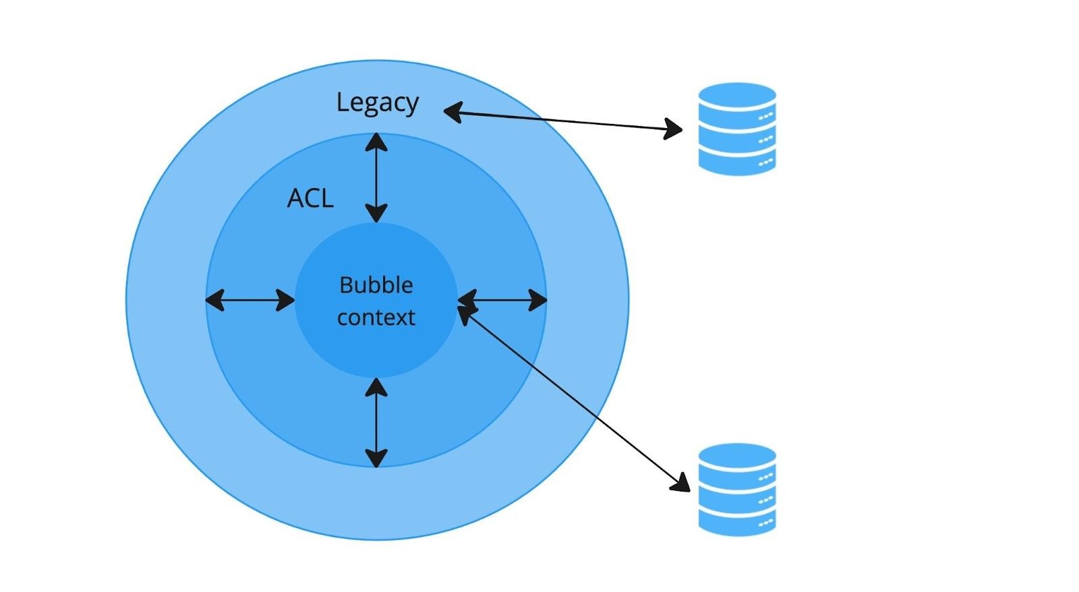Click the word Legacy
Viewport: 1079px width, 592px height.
(377, 102)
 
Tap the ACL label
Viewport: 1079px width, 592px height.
(310, 198)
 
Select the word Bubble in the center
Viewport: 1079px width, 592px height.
(376, 285)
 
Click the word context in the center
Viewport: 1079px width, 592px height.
(376, 317)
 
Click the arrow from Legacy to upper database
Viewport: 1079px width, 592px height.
(563, 120)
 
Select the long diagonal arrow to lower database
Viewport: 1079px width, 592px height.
(573, 398)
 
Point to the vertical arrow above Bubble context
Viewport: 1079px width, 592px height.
(376, 177)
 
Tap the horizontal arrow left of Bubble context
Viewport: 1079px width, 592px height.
(250, 300)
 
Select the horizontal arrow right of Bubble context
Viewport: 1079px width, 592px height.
(502, 300)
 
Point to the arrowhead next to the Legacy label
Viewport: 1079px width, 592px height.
(452, 112)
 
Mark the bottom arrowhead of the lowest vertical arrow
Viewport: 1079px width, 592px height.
(376, 458)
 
